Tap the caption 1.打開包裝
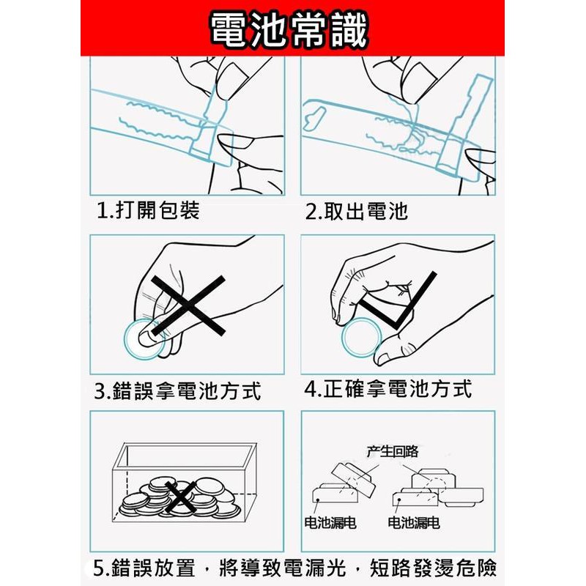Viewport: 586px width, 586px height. tap(149, 210)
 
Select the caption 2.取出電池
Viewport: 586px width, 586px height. tap(357, 211)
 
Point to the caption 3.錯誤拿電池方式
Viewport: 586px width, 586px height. tap(177, 391)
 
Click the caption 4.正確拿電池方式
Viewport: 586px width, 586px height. tap(388, 389)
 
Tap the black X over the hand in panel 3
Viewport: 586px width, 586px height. tap(188, 305)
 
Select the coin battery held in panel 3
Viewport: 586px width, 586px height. tap(144, 339)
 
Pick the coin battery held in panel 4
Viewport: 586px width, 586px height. tap(361, 338)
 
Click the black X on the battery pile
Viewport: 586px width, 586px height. tap(180, 497)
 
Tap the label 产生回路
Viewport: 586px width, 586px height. tap(393, 451)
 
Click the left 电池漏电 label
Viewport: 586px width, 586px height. tap(330, 522)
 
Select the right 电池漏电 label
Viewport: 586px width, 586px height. tap(413, 522)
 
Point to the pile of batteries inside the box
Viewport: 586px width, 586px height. tap(179, 497)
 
